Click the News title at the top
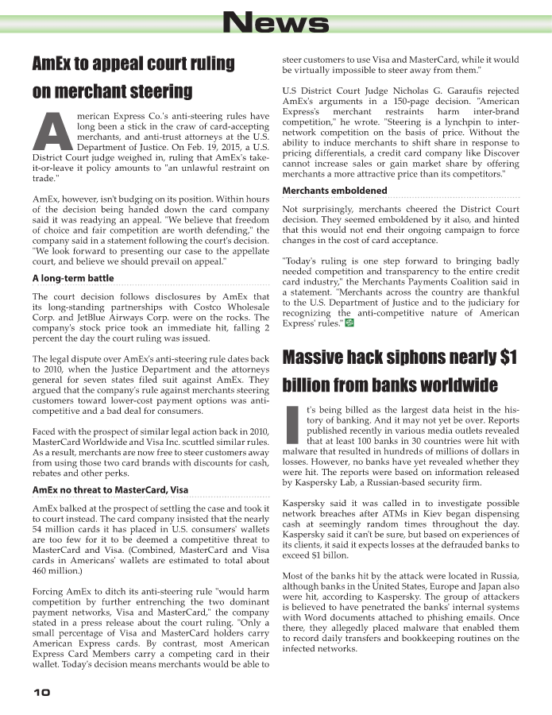pos(275,23)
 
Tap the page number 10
pos(42,692)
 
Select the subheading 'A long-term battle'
pos(73,279)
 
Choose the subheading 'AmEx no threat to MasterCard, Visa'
pos(110,489)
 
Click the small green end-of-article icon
pos(350,323)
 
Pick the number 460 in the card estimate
pos(41,571)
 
